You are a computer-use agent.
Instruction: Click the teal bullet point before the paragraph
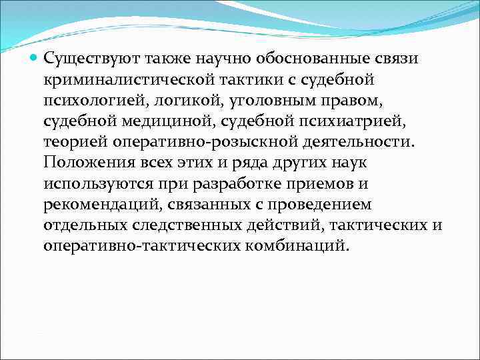pyautogui.click(x=34, y=58)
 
